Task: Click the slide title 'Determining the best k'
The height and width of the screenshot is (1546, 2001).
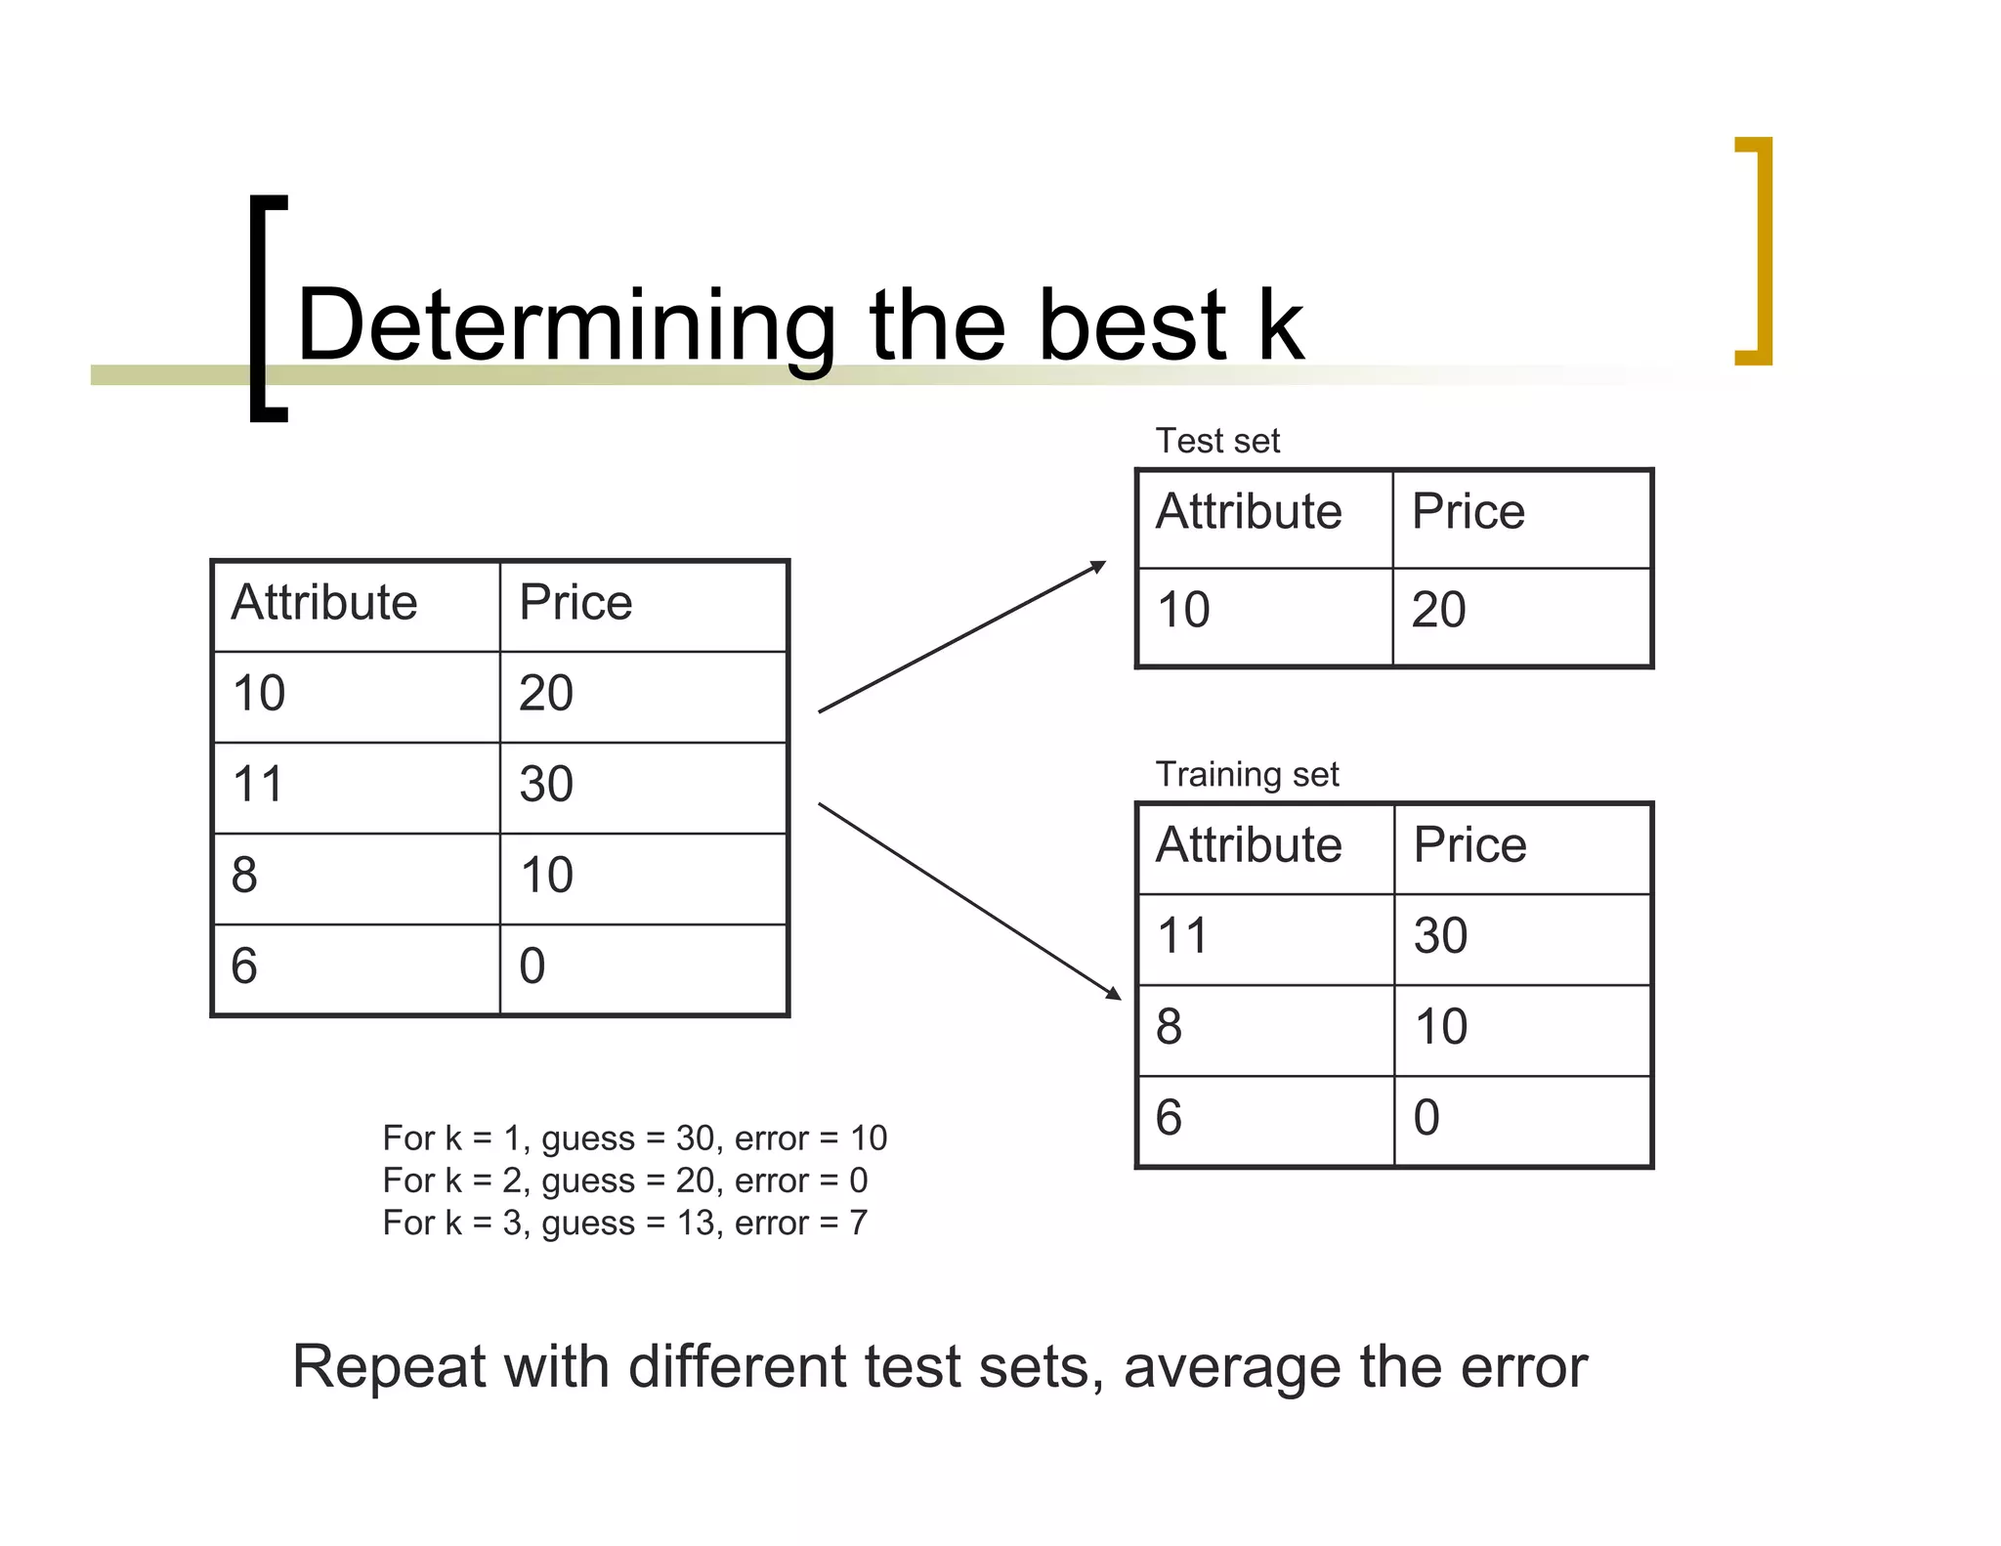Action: [799, 325]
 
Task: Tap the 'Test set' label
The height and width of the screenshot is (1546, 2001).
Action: [1217, 441]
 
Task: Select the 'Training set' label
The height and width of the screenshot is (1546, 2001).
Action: [1247, 774]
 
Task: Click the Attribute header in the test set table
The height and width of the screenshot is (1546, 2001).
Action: [1249, 512]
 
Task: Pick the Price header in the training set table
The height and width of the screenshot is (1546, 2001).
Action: [1469, 845]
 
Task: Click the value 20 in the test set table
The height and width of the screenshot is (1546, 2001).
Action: [1438, 610]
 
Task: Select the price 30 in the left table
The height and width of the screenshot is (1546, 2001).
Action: [546, 784]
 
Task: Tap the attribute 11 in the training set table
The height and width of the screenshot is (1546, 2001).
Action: [1182, 936]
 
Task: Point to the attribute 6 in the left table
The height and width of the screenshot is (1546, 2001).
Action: [244, 966]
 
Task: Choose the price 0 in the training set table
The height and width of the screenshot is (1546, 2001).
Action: [1426, 1118]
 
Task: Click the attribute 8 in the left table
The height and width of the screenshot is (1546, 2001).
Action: [244, 875]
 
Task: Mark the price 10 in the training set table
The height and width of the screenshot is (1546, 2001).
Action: [1440, 1027]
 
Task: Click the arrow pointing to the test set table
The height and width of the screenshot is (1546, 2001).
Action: [962, 637]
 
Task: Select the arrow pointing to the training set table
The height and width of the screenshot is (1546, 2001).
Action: [969, 900]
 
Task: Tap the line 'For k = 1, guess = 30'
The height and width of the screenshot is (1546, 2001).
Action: [634, 1138]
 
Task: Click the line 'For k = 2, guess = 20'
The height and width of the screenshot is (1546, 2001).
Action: [625, 1181]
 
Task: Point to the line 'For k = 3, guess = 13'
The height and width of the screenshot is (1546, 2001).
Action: [625, 1224]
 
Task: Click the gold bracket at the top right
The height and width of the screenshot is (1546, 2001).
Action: [1756, 251]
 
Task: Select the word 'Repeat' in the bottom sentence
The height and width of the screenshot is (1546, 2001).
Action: [389, 1367]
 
